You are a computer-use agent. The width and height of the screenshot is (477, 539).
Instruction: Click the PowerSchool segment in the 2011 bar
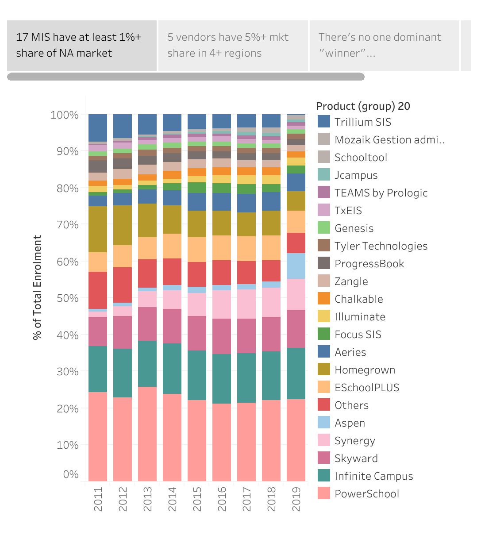coord(98,436)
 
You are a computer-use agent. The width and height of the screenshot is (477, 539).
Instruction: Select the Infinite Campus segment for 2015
coord(197,375)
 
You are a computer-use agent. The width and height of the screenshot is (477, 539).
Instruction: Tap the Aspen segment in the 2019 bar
coord(296,266)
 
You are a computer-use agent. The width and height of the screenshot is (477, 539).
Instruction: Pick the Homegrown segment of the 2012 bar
coord(123,225)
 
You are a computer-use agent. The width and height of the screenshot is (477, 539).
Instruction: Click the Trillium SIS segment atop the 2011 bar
coord(98,128)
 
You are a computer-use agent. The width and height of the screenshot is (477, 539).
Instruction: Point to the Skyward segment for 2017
coord(246,336)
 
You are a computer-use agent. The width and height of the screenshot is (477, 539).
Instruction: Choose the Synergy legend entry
coord(355,441)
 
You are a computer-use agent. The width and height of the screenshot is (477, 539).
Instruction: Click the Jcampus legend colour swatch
coord(324,175)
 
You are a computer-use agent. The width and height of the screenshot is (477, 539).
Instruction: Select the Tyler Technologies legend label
coord(381,246)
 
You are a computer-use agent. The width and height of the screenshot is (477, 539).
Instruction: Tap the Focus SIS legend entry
coord(358,335)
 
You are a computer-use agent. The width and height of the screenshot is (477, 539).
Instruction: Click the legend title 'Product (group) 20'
coord(363,106)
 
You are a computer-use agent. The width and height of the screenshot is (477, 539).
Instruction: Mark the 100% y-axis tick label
coord(65,115)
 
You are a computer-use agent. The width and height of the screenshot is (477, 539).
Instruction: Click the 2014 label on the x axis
coord(172,499)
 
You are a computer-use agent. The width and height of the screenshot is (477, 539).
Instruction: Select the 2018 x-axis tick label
coord(271,499)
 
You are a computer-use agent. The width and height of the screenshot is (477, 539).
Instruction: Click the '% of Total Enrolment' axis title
coord(37,288)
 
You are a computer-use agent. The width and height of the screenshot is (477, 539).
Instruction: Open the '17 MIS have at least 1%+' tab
coord(82,45)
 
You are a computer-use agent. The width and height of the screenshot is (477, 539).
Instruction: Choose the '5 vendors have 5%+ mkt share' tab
coord(233,45)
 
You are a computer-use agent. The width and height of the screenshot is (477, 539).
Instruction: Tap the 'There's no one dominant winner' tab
coord(384,45)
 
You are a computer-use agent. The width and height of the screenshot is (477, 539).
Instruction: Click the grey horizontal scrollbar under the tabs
coord(186,77)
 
